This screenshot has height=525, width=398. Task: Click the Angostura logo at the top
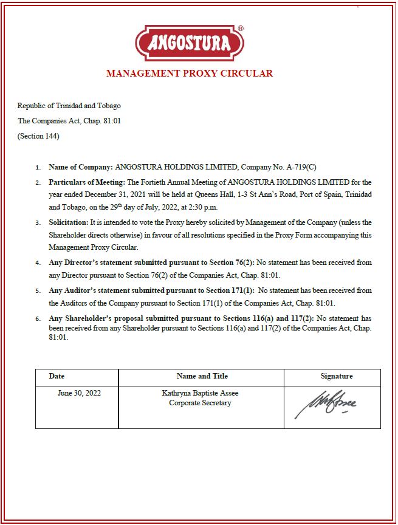(190, 43)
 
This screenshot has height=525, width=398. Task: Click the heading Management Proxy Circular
(190, 74)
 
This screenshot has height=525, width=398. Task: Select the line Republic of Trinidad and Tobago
(69, 106)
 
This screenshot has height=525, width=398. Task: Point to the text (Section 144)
(38, 136)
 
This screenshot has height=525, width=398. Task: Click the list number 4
(38, 264)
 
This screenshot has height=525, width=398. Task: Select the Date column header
(57, 377)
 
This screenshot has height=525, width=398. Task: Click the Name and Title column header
(202, 377)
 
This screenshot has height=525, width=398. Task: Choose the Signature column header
(336, 377)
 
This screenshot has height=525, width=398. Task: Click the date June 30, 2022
(79, 393)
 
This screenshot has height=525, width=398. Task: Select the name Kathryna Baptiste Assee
(200, 393)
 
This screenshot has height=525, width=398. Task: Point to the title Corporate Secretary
(200, 403)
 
